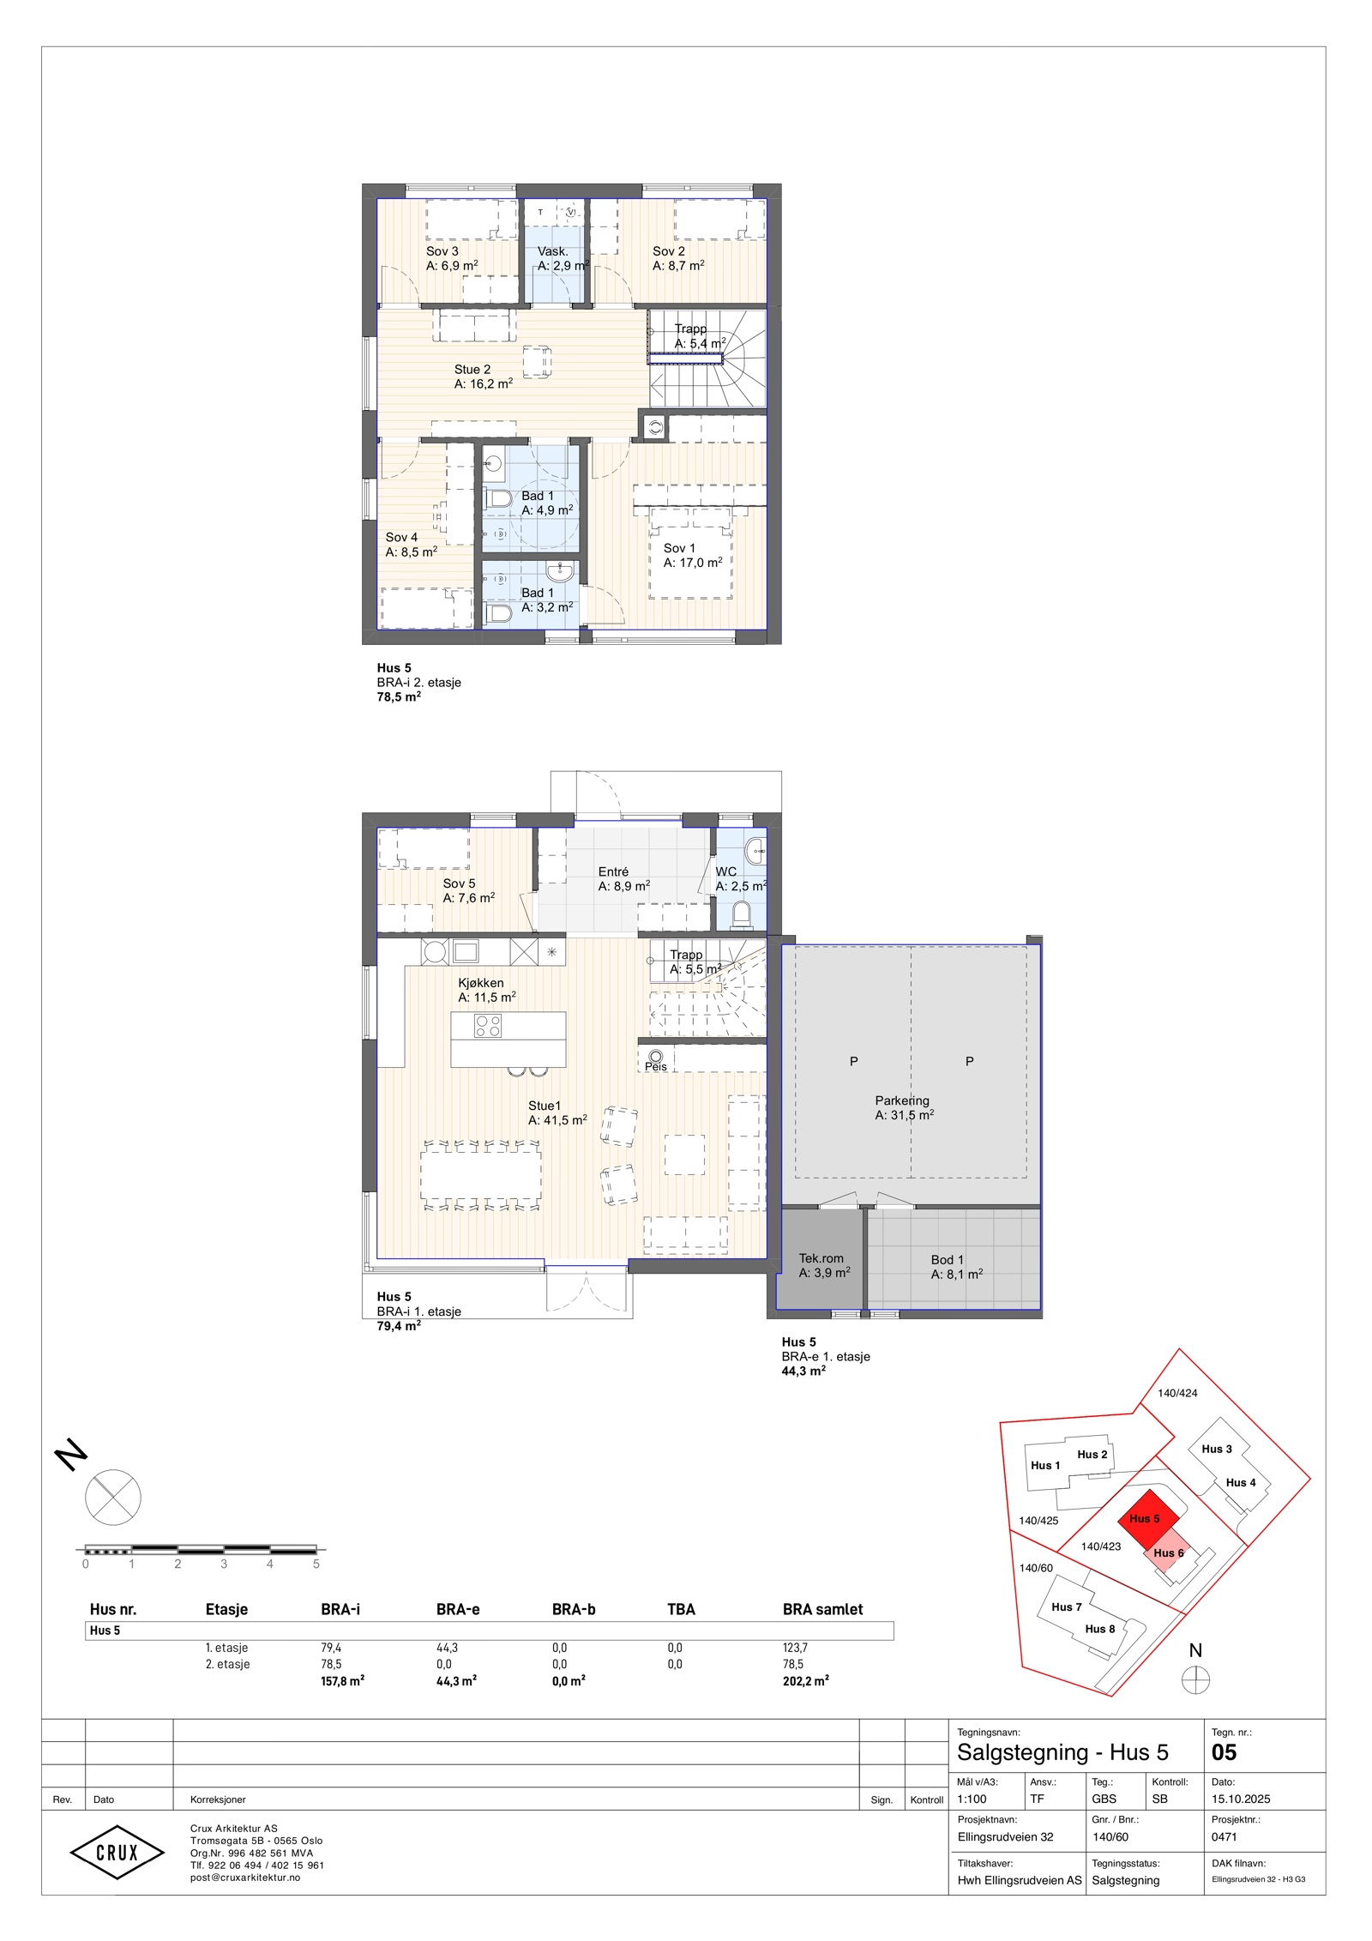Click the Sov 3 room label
442,251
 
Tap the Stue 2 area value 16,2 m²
491,383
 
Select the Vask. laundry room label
553,251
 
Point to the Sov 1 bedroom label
679,548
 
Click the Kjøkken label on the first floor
481,983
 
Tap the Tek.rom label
821,1258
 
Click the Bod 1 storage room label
948,1260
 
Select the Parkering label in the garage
902,1100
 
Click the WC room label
726,871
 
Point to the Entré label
613,871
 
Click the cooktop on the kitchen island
488,1026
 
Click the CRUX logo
117,1852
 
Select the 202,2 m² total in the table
806,1681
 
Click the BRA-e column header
458,1609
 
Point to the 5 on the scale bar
316,1564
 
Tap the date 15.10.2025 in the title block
1241,1799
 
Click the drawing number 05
1224,1752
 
